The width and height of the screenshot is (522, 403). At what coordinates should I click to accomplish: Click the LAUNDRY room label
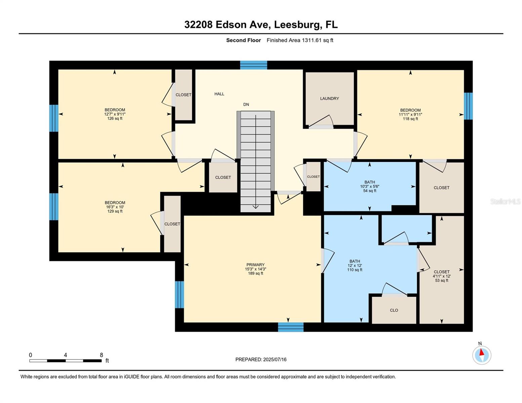(x=329, y=98)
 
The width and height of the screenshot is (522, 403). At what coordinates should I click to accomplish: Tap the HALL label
(x=219, y=94)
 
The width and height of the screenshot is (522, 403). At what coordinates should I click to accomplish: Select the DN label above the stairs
(x=246, y=104)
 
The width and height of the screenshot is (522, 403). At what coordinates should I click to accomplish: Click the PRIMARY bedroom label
(x=255, y=265)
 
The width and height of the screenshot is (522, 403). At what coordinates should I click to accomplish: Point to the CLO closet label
(x=394, y=310)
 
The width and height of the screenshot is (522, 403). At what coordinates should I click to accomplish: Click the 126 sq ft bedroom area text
(x=115, y=119)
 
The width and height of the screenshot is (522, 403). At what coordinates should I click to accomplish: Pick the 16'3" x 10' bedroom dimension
(x=115, y=207)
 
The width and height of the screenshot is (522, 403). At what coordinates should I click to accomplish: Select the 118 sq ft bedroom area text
(x=410, y=119)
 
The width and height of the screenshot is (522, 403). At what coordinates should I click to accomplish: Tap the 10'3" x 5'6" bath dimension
(x=370, y=186)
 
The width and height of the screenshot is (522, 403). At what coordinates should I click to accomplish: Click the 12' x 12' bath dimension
(x=355, y=265)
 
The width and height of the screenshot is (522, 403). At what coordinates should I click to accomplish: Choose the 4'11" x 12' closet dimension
(x=441, y=276)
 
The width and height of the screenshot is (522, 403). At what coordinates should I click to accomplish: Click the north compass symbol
(x=482, y=355)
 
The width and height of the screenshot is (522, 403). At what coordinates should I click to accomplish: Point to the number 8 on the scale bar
(x=101, y=355)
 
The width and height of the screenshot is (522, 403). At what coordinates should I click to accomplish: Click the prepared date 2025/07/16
(x=275, y=359)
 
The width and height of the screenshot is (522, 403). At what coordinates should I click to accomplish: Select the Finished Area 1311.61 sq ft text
(x=300, y=40)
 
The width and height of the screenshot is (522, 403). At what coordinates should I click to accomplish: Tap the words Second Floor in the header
(x=243, y=40)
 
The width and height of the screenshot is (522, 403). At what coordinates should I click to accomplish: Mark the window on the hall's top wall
(x=253, y=65)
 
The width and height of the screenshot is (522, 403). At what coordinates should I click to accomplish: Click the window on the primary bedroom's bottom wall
(x=291, y=327)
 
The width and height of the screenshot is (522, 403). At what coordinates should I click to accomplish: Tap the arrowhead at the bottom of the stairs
(x=255, y=207)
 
